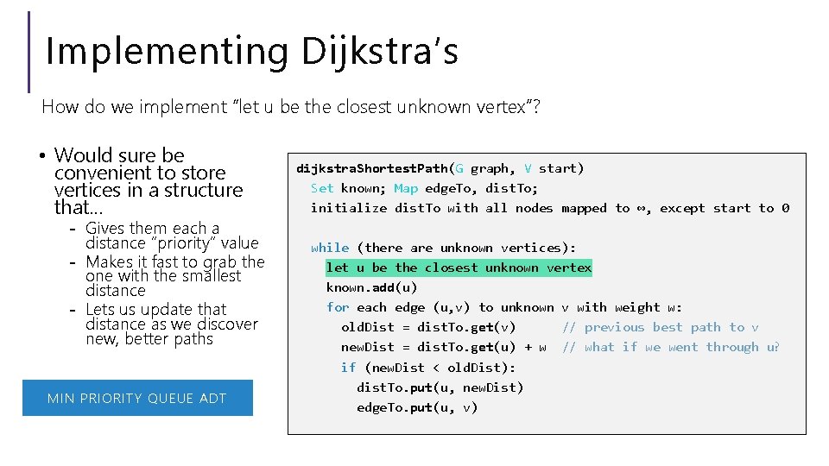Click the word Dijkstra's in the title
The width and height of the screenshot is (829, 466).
coord(380,50)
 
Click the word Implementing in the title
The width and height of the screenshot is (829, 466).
coord(167,50)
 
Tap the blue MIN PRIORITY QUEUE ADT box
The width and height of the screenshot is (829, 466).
coord(137,398)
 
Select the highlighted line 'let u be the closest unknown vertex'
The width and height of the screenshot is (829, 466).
coord(459,268)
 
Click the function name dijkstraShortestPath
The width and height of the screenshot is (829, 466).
coord(372,168)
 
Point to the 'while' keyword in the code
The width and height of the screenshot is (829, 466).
coord(330,248)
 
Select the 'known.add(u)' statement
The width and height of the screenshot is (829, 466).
coord(371,287)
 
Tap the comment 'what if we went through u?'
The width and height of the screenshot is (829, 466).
coord(671,347)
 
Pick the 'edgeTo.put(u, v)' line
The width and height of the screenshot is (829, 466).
coord(417,407)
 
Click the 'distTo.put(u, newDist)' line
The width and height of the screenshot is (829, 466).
coord(440,387)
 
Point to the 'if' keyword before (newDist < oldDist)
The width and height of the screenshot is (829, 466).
coord(348,368)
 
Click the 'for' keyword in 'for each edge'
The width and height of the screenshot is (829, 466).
coord(338,307)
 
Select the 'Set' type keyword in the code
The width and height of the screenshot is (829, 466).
coord(322,188)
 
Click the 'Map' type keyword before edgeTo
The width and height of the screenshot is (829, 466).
coord(406,188)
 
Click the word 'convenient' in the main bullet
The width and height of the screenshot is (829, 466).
coord(97,173)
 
